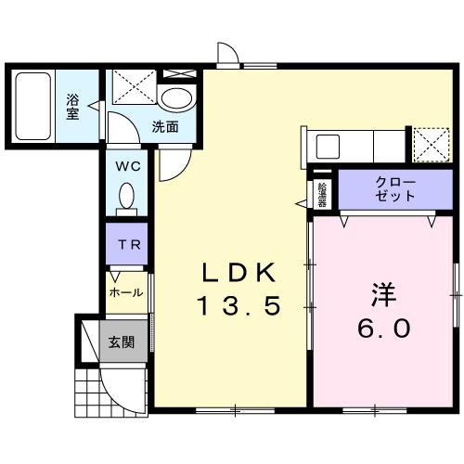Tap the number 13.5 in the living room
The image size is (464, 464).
click(238, 305)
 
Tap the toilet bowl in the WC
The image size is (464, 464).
click(128, 197)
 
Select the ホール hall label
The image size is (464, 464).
click(126, 292)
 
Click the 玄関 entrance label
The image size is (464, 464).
click(121, 342)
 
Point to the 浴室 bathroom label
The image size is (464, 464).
click(72, 105)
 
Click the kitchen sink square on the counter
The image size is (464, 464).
click(329, 147)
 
